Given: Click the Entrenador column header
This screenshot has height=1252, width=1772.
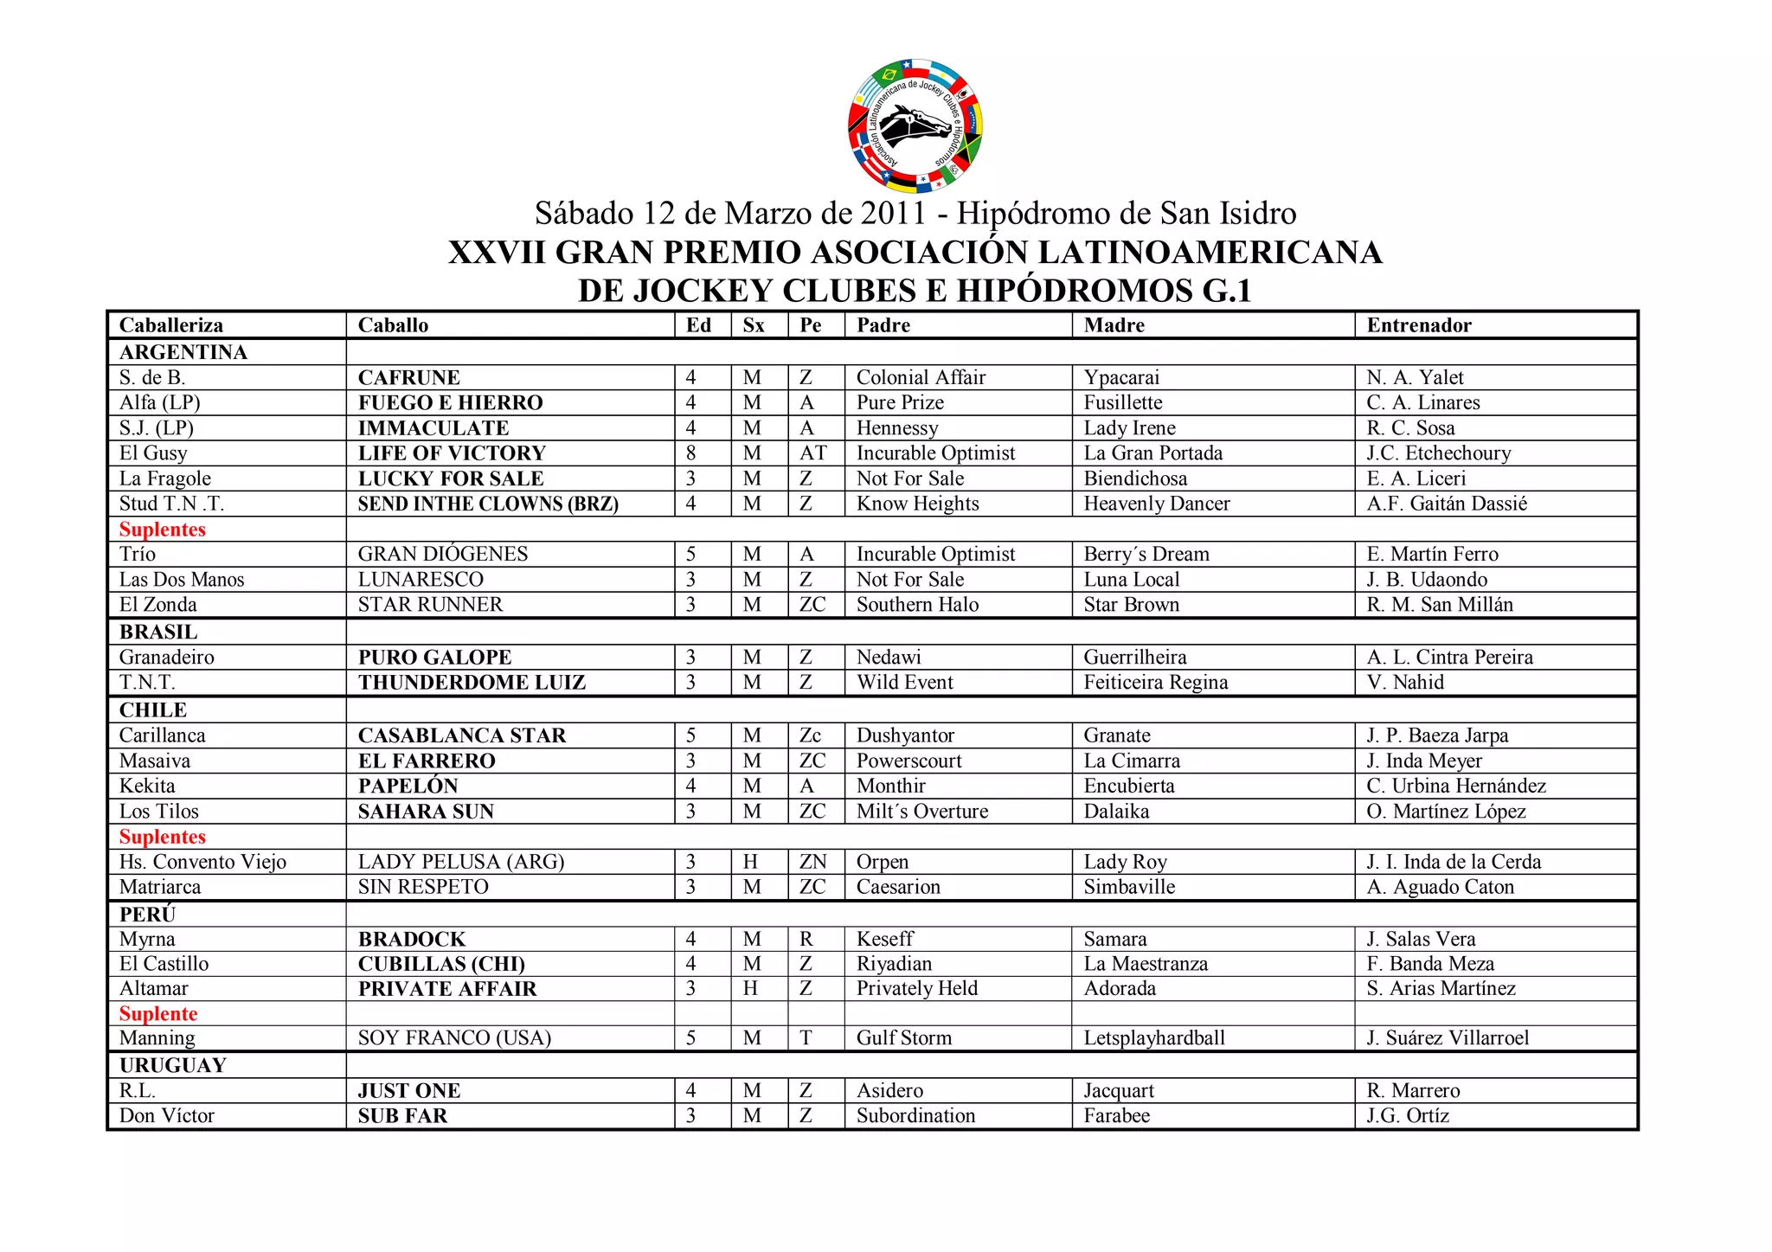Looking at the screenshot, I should (x=1418, y=325).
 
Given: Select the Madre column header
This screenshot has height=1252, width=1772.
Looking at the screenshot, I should (x=1114, y=325).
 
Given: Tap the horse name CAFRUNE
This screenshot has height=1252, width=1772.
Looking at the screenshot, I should (x=408, y=377).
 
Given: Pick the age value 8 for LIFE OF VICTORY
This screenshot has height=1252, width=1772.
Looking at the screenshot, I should (x=690, y=453).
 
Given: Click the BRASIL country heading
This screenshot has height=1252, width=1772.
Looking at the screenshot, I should (x=158, y=632).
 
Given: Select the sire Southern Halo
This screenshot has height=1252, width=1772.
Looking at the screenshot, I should (x=917, y=605).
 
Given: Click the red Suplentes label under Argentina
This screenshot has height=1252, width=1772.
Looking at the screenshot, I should (x=163, y=530).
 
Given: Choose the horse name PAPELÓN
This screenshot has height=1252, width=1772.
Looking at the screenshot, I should (x=408, y=786).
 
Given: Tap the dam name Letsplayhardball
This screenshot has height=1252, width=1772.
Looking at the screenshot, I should (x=1154, y=1038).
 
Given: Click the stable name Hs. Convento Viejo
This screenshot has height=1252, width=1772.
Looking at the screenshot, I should (x=202, y=862).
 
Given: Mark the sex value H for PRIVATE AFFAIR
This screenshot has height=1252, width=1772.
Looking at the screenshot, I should (x=750, y=988).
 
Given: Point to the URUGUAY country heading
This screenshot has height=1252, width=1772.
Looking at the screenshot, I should (x=173, y=1065).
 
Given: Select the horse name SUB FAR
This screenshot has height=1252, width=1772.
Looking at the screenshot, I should (x=402, y=1116).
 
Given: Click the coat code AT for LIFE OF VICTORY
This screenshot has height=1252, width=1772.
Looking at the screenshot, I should (x=812, y=453).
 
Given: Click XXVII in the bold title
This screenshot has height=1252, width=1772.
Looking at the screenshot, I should (x=497, y=253).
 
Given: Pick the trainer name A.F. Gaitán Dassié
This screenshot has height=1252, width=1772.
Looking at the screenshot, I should (x=1447, y=504).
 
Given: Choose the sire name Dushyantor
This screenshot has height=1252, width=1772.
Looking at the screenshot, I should (x=905, y=735).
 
